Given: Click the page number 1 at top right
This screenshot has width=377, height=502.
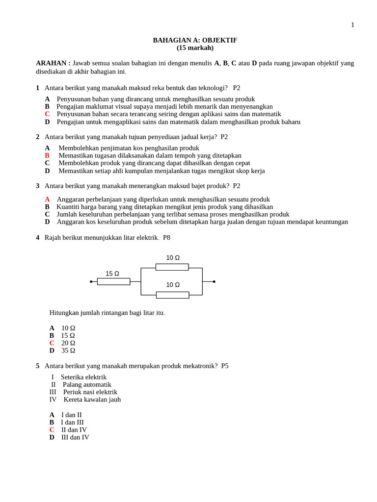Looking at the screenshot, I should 352,25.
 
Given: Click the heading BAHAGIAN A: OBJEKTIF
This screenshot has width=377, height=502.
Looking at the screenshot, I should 195,40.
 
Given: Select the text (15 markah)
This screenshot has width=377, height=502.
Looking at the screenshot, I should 195,48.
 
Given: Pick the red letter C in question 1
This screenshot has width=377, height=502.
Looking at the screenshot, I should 47,114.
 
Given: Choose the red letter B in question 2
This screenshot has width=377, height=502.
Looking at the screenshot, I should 47,155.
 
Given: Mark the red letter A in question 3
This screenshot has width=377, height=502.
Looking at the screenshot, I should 47,200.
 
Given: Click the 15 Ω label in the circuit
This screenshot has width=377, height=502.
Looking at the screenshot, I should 112,274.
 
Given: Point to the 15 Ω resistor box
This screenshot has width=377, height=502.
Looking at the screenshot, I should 113,281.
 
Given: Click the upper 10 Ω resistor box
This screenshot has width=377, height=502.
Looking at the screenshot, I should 172,267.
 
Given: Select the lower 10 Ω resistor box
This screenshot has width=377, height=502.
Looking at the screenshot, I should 172,295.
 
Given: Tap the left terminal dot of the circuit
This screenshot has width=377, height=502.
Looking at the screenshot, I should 91,281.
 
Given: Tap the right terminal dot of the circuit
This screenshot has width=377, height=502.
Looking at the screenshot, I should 214,281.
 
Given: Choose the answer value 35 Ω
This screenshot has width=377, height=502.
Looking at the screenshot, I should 68,351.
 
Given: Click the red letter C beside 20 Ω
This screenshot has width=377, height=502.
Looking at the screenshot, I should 52,343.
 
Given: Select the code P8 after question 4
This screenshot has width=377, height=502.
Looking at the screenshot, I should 166,238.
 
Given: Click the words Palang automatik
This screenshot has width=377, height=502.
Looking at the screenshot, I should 87,385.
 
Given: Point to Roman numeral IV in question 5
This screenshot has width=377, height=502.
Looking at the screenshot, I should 53,400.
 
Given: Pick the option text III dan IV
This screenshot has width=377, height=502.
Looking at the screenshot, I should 75,437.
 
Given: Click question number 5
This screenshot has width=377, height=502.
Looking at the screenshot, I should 37,366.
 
